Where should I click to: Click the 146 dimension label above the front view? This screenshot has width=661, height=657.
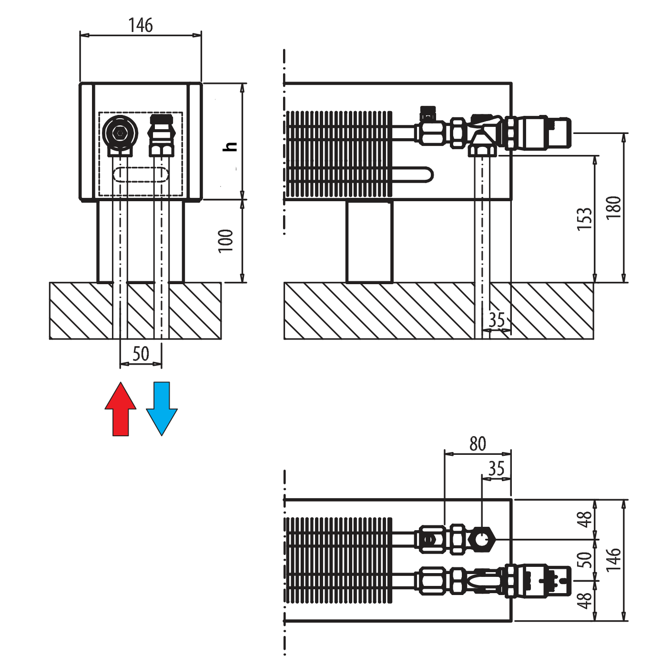[141, 25]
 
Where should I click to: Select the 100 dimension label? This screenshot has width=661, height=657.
[225, 241]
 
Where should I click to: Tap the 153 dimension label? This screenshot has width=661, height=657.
[584, 218]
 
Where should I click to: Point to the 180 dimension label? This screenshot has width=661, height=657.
[613, 207]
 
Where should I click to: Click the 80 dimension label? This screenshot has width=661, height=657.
[478, 443]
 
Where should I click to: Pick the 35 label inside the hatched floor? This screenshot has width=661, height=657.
[497, 320]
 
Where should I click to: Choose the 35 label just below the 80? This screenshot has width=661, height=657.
[497, 468]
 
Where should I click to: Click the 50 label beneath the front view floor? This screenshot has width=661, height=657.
[141, 354]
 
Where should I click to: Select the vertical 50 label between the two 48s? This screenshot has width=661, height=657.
[584, 559]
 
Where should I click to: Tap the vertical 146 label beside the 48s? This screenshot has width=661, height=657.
[613, 560]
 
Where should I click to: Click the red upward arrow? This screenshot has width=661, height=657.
[121, 410]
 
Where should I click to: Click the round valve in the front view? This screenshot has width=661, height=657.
[120, 133]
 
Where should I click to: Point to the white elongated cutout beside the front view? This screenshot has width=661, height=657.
[224, 140]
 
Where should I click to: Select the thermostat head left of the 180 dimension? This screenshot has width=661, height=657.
[548, 132]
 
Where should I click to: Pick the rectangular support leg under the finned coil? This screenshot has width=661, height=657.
[369, 242]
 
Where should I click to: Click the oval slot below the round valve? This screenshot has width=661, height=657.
[141, 175]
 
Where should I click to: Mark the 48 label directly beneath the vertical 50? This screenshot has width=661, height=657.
[584, 600]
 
